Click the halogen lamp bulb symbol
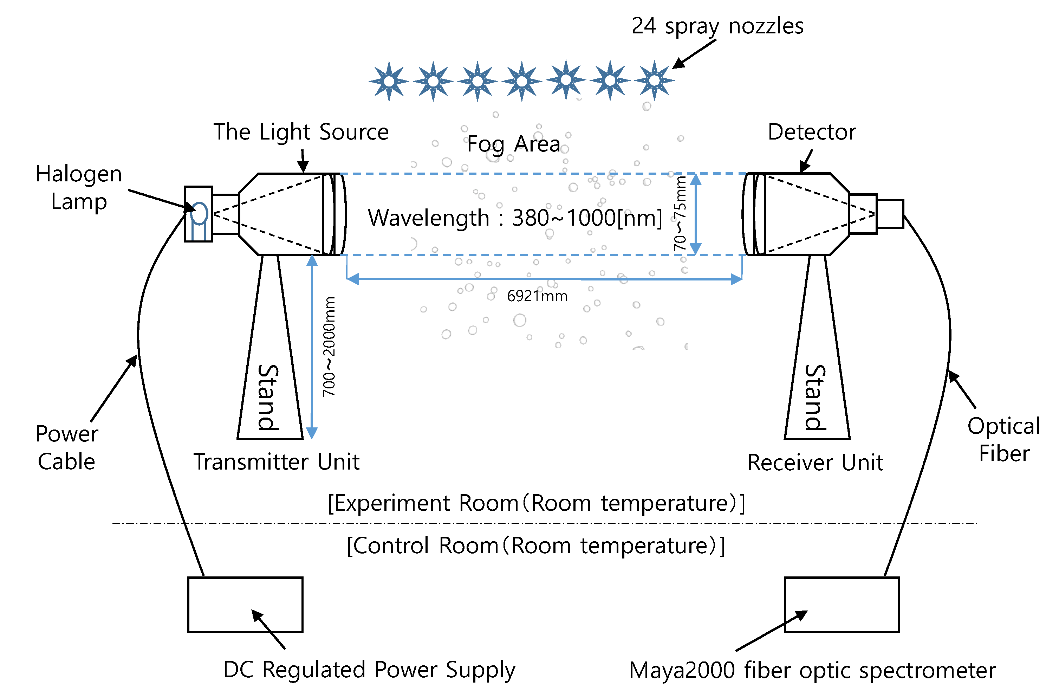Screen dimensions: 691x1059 coord(199,213)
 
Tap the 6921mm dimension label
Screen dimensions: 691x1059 coord(537,296)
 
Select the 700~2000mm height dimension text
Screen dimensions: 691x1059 coord(329,347)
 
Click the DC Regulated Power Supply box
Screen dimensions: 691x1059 coord(245,605)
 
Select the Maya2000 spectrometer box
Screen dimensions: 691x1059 coord(842,605)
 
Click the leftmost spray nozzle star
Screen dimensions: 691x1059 coord(389,81)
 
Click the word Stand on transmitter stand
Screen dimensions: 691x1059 coord(269,397)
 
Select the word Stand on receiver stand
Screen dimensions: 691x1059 coord(816,397)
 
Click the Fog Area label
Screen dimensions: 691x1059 coord(513,144)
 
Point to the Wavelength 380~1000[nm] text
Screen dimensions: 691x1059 coord(515,218)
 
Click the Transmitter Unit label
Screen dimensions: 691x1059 coord(276,462)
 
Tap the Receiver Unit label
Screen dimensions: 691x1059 coord(815,463)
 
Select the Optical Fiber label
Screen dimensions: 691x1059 coord(1004,440)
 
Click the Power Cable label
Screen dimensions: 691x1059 coord(67,447)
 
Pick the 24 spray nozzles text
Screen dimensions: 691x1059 coord(717,26)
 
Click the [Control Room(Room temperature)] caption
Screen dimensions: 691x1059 coord(535,546)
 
